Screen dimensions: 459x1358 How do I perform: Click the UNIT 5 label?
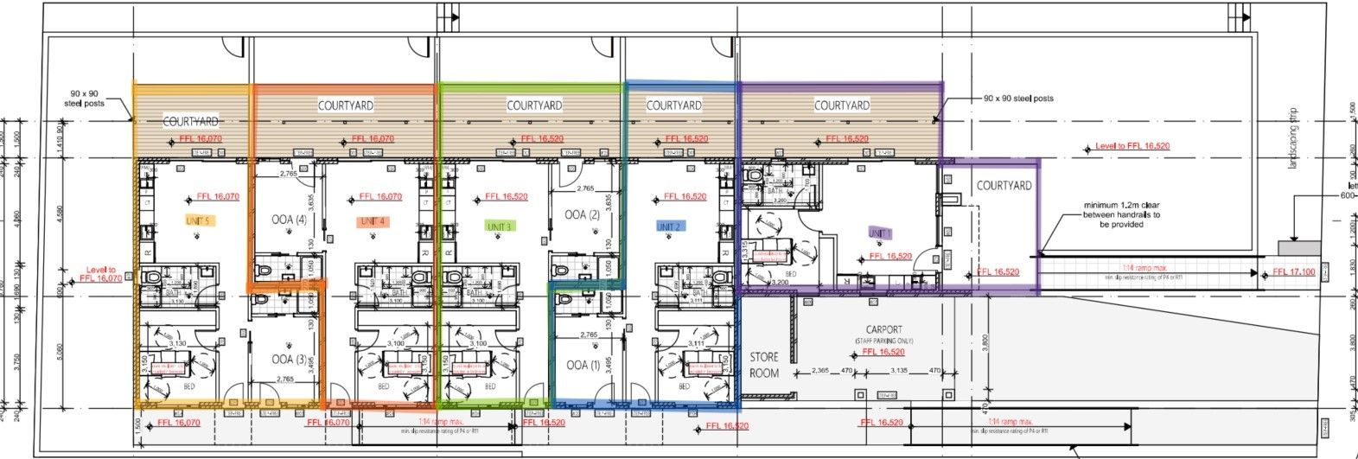(200, 221)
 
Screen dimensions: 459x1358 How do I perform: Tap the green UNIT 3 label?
(500, 226)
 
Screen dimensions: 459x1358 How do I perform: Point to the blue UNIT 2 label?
(670, 226)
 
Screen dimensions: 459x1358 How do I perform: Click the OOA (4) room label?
(289, 220)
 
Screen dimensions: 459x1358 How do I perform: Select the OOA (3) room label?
(282, 359)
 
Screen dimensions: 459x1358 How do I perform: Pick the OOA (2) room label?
(582, 214)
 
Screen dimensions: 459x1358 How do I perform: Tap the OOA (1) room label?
(583, 365)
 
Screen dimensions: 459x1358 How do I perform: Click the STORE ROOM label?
(764, 365)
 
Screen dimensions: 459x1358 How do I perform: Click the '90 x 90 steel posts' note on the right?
(1018, 99)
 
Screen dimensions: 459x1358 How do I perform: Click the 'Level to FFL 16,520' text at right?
(1132, 147)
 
